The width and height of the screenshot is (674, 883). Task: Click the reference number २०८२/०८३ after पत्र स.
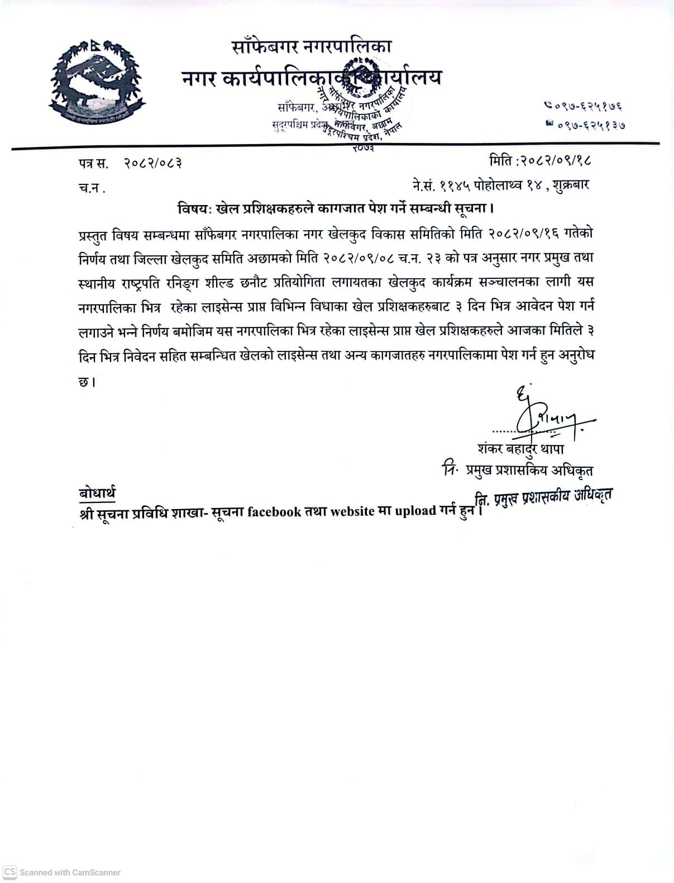pos(153,163)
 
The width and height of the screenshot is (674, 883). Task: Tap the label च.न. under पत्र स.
pos(92,188)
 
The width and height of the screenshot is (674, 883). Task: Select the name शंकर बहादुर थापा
pos(521,449)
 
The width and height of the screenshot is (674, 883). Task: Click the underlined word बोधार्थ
pos(97,492)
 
